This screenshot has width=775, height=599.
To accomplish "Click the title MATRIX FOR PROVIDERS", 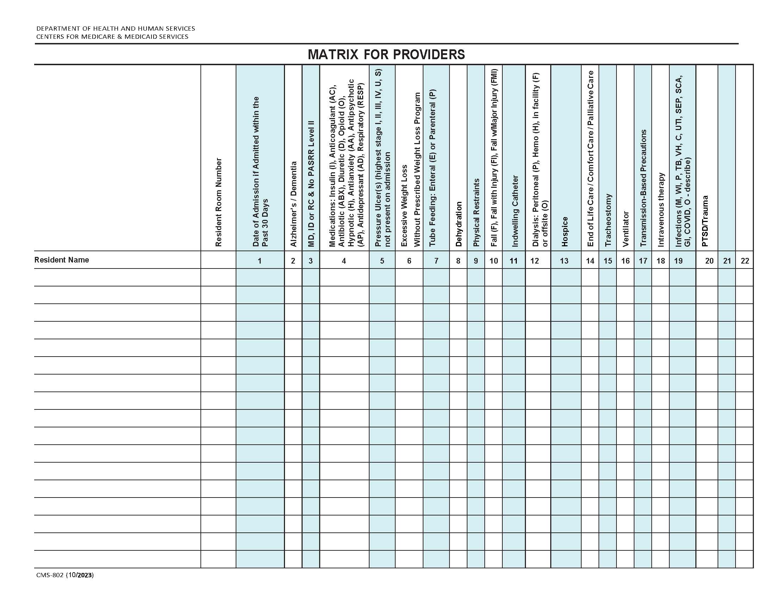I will point(386,54).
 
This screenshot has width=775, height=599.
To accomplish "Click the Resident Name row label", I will point(61,260).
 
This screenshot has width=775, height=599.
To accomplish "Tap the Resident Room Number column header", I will point(218,202).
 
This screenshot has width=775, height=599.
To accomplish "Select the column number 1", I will point(259,261).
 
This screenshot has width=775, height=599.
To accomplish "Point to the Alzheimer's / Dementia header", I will point(293,204).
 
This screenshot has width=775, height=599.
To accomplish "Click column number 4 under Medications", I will point(343,261).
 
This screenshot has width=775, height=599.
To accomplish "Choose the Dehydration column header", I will point(458,224).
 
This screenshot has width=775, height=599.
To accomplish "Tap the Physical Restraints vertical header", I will point(476,212).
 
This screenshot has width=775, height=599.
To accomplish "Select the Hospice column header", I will point(565,231).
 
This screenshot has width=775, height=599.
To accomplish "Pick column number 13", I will point(564,261).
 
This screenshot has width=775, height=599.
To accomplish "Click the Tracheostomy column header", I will point(608,220).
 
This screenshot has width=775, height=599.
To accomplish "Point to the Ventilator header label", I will point(625,229).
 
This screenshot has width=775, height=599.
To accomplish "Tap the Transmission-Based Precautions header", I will point(643,188).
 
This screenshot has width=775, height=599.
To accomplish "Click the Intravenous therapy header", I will point(661,209).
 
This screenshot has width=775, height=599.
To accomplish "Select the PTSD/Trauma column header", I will point(705,221).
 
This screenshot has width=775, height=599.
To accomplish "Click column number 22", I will point(745,261).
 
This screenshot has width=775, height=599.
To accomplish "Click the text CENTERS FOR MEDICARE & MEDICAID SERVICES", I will point(112,37).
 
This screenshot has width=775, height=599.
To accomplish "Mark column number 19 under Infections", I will point(678,261).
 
